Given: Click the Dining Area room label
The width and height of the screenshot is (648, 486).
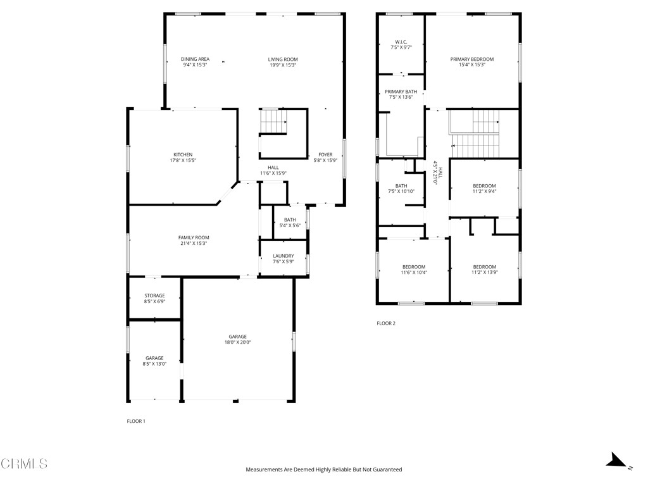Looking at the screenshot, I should click(195, 59).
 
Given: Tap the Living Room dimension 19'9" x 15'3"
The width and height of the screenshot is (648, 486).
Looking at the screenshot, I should click(282, 65).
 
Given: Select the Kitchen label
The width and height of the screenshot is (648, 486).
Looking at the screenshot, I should click(183, 154).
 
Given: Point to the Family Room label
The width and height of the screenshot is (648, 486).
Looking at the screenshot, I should click(193, 238).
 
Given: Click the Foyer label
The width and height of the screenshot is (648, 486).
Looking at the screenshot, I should click(325, 154).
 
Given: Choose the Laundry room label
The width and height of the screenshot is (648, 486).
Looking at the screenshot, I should click(283, 256).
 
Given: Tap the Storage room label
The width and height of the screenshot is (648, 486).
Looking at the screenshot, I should click(154, 296).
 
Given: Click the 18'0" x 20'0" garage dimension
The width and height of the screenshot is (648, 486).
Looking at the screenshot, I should click(238, 342).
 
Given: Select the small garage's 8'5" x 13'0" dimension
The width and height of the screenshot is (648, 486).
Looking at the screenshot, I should click(154, 364).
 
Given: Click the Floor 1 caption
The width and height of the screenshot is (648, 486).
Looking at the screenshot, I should click(136, 421).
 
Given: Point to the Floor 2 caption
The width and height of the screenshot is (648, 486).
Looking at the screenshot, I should click(385, 323).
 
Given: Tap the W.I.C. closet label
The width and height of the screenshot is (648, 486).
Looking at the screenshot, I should click(401, 42).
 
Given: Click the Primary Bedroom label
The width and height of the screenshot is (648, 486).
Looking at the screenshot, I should click(472, 59).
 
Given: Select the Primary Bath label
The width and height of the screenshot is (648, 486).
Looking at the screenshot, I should click(401, 92).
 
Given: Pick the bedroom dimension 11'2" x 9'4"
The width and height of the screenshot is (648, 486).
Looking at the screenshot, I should click(484, 192).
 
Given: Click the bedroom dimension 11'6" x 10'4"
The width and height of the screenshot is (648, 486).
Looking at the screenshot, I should click(414, 273).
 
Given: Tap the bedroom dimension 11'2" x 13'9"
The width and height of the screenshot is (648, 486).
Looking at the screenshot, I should click(484, 273).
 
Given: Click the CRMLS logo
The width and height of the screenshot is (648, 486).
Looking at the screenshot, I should click(24, 464).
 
